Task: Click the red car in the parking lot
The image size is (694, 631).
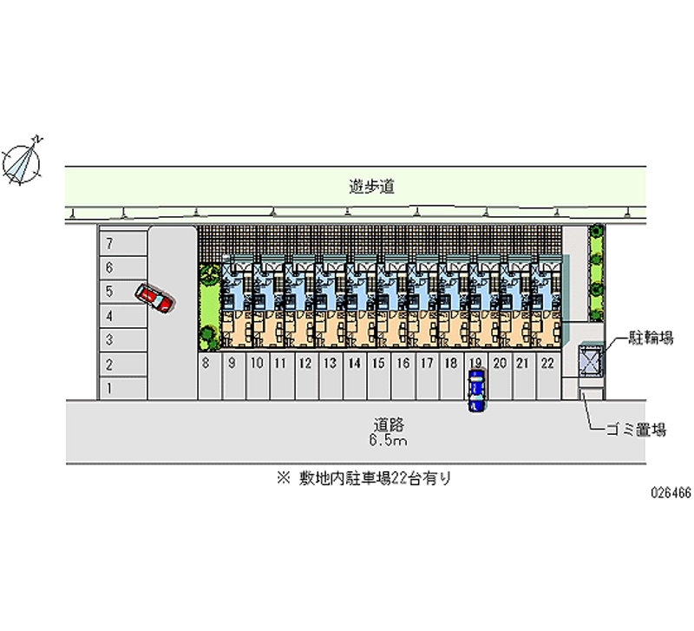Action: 155,298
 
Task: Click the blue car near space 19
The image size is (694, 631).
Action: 476,391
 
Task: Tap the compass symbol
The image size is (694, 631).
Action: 24,161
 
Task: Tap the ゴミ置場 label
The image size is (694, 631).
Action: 642,429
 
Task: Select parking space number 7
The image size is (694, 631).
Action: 109,245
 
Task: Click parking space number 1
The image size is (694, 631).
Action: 109,387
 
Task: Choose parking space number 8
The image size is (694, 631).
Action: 206,364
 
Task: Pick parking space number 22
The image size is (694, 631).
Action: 547,364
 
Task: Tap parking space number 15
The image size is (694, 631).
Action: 378,364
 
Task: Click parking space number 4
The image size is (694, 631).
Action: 109,316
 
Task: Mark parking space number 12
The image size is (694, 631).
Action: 304,364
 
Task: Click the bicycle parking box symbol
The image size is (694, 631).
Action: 589,360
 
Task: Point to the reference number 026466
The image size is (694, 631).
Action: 671,491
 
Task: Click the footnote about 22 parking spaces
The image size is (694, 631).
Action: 363,478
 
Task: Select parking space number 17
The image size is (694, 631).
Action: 427,364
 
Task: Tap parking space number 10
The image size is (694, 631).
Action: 257,364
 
